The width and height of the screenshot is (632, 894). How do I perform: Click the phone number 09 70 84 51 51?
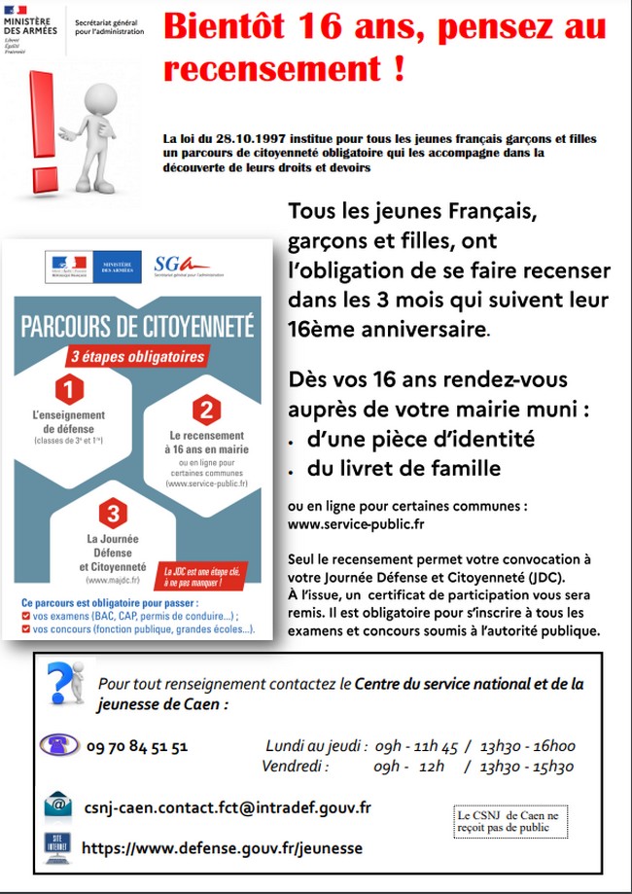point(137,747)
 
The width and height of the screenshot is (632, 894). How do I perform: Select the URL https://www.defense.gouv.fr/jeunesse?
point(222,848)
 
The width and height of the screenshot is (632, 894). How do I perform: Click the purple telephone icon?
point(58,746)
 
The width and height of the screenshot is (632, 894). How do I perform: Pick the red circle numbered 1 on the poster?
point(68,391)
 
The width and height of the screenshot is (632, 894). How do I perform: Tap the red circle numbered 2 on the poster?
point(206,410)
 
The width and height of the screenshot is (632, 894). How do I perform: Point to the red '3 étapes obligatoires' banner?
point(138,356)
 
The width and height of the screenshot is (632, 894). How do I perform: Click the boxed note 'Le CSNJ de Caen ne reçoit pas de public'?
point(509,821)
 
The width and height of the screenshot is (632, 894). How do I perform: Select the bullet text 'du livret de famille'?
point(404,469)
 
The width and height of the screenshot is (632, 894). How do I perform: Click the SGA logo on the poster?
point(181,264)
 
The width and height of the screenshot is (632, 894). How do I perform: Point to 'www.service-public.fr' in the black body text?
point(357,523)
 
